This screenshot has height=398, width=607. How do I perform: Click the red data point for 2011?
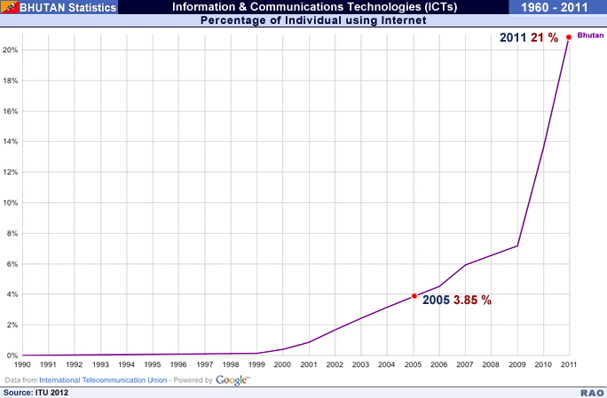(x=568, y=36)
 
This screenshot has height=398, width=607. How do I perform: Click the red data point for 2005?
(x=414, y=296)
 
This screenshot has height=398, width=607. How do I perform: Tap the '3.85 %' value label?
(x=472, y=300)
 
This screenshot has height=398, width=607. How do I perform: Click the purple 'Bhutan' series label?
(x=589, y=34)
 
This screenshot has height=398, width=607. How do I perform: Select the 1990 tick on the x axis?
(x=22, y=364)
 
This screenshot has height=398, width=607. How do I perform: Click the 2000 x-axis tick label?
(x=282, y=364)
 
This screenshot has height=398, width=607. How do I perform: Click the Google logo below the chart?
(x=233, y=380)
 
